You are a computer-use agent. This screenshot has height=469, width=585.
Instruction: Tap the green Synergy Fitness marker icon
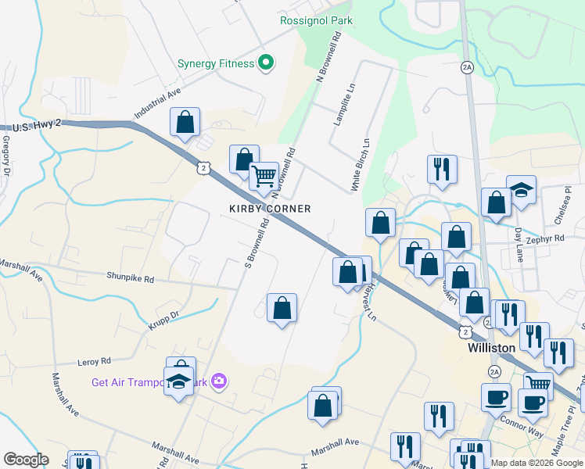(x=265, y=63)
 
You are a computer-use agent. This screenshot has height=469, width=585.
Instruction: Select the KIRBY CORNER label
(x=270, y=209)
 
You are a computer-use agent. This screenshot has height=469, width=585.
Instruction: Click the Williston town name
(x=491, y=347)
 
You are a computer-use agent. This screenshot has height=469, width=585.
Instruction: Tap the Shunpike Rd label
(x=131, y=278)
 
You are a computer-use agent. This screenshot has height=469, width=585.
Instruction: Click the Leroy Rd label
(x=95, y=361)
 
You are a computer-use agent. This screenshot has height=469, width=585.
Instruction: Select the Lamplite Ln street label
(x=340, y=105)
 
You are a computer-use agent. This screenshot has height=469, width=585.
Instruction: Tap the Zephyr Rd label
(x=545, y=241)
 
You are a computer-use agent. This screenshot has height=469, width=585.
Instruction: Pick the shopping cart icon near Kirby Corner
(x=264, y=174)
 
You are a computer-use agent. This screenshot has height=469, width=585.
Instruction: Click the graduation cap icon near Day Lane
(x=521, y=190)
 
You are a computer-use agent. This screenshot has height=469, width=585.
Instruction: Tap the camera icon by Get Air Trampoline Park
(x=219, y=381)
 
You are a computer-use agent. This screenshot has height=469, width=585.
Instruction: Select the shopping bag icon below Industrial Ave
(x=185, y=121)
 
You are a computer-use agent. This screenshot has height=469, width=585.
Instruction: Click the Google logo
(x=27, y=460)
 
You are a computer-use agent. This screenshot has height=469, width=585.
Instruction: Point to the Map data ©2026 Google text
(x=537, y=463)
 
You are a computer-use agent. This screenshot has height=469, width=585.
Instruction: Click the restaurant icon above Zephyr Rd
(x=442, y=168)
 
